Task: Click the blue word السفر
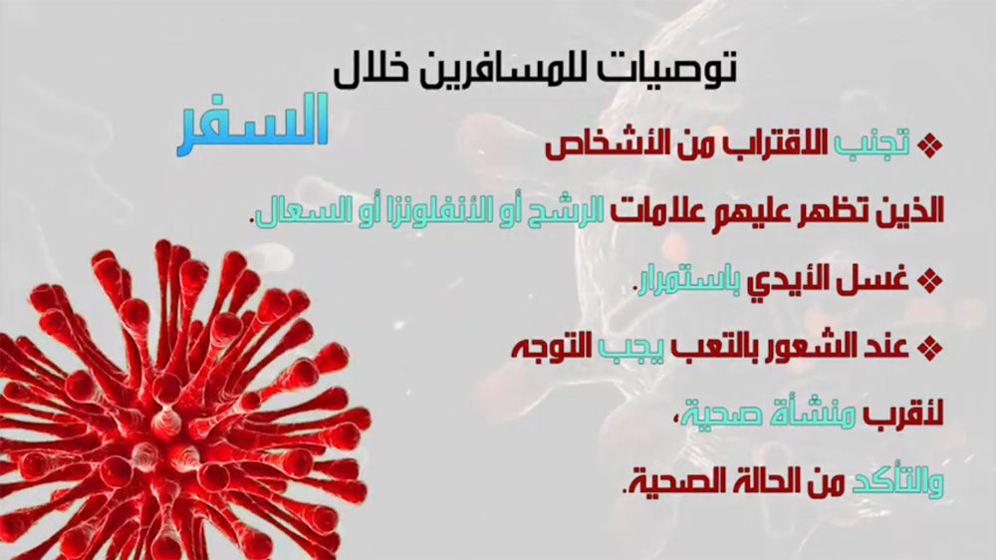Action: point(252,124)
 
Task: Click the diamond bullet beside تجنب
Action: point(930,145)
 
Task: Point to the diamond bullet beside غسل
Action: point(930,280)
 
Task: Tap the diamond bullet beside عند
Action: point(930,348)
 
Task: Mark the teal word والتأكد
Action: point(897,481)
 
